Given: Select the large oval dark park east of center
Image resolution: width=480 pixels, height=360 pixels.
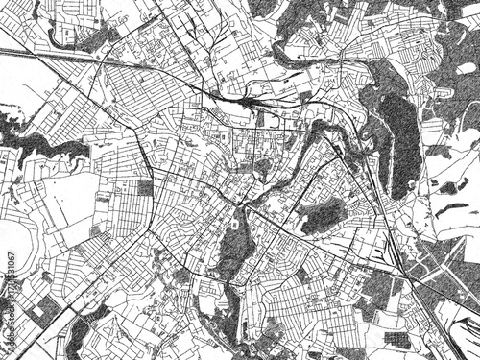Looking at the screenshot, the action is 324,215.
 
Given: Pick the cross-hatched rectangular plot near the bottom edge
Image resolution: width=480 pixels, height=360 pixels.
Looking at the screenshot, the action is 396,341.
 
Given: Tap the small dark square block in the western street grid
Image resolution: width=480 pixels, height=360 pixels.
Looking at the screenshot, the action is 145,186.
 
